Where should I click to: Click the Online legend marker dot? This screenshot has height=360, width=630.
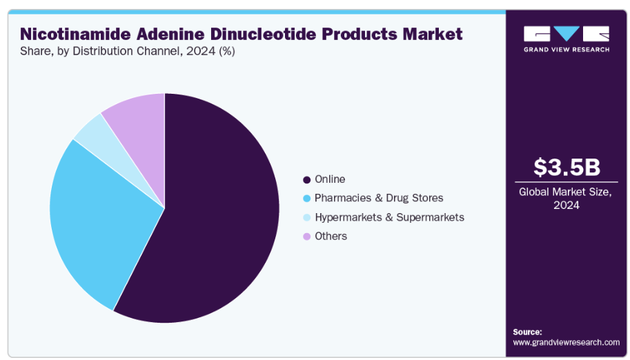click(306, 179)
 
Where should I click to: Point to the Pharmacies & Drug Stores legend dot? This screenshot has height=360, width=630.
click(306, 199)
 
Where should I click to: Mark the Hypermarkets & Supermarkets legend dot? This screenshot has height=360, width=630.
click(306, 218)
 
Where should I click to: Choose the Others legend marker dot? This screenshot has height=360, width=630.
click(306, 237)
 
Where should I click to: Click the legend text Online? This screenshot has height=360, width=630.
click(330, 179)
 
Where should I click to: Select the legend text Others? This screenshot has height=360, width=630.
click(331, 237)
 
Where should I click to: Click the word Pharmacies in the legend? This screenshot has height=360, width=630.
click(343, 198)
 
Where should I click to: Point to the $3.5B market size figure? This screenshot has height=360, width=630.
click(567, 167)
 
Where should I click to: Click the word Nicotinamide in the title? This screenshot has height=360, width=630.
click(75, 34)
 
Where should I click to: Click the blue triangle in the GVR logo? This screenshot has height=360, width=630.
click(567, 33)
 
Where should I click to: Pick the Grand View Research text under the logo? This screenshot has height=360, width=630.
click(567, 50)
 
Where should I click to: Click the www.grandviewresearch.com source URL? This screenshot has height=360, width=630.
click(566, 343)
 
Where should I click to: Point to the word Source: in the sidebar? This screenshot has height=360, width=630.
click(527, 332)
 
